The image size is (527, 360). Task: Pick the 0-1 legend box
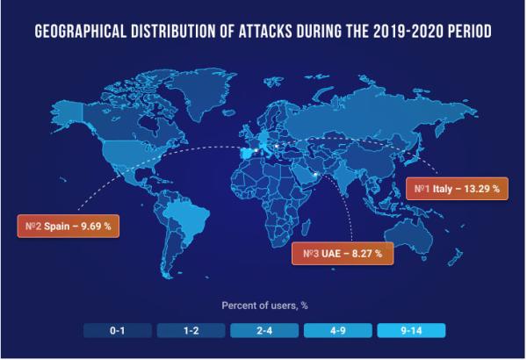tap(115, 331)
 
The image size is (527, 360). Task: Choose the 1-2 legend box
tap(190, 331)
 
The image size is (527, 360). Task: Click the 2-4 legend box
tap(263, 331)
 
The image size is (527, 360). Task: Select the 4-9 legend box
tap(337, 331)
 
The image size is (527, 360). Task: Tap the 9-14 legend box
tap(412, 331)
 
